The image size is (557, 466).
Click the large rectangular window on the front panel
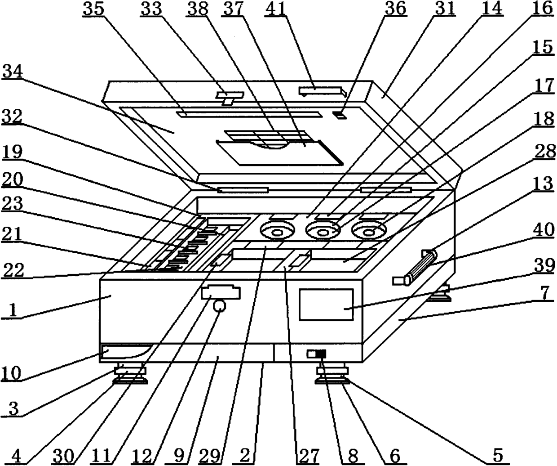coord(326,305)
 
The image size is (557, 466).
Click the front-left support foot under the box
coord(130,375)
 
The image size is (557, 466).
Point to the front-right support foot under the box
coord(333,375)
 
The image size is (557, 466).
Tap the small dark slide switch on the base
coord(317,354)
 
